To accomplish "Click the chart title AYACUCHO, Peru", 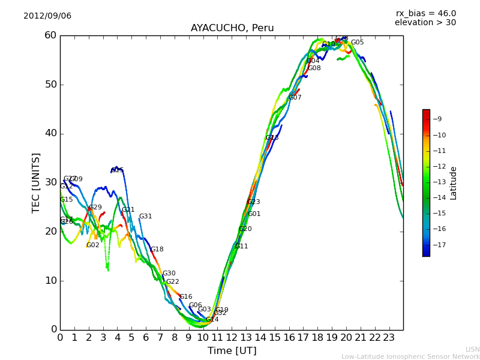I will click(x=232, y=28).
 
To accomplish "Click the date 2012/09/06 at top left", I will click(x=47, y=16).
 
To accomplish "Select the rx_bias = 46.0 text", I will click(x=425, y=14).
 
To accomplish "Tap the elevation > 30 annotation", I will click(x=425, y=23).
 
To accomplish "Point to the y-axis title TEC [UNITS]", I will click(x=37, y=182).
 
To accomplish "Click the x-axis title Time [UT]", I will click(x=232, y=351).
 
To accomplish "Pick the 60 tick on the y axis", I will click(x=50, y=35).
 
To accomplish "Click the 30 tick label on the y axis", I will click(x=50, y=182).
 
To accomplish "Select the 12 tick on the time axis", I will click(x=232, y=338).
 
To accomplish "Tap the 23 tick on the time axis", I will click(x=389, y=338).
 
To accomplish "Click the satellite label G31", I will click(x=146, y=217).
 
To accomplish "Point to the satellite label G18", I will click(x=157, y=250).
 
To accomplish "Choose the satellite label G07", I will click(x=295, y=98).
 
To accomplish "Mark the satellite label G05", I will click(x=358, y=43).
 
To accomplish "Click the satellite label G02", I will click(x=93, y=245).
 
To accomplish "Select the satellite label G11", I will click(x=242, y=247).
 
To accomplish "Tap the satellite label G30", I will click(x=169, y=274).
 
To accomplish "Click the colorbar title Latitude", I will click(x=454, y=183).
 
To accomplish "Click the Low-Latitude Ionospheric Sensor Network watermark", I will click(x=410, y=357).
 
